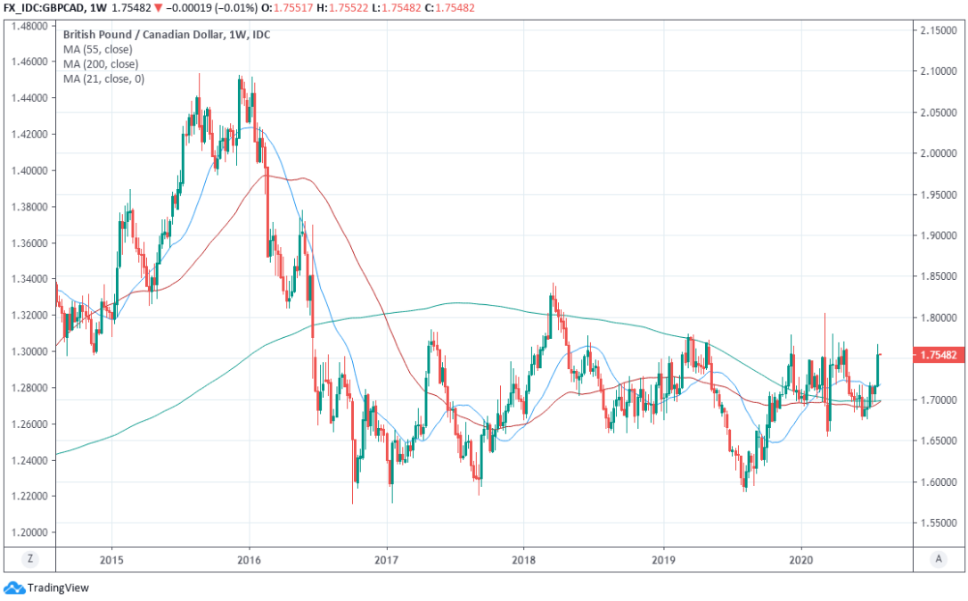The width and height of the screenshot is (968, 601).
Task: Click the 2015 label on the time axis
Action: coord(111,559)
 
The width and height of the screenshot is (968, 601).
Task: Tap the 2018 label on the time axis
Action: coord(524,559)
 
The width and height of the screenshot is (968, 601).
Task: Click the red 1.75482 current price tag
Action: coord(939,355)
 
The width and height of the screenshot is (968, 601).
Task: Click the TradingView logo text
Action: coord(58,588)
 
